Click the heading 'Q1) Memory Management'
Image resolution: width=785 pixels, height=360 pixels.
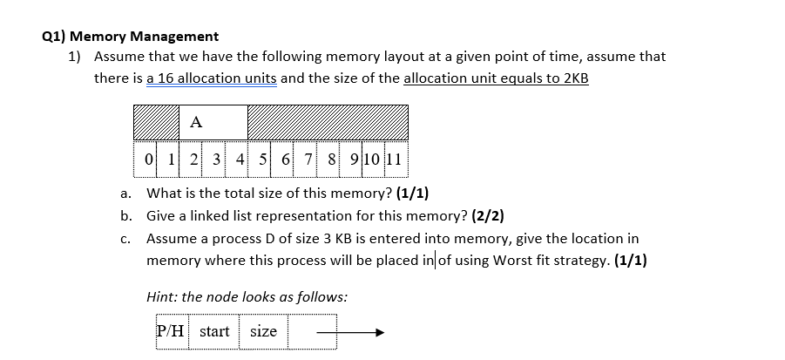(131, 37)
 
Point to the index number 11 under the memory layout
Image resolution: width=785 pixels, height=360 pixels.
(393, 160)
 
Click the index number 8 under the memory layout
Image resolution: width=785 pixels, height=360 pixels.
(332, 160)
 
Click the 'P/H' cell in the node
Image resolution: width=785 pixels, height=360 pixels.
(171, 331)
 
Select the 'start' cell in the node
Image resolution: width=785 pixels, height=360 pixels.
(214, 331)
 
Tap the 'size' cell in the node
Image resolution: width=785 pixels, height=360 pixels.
(263, 331)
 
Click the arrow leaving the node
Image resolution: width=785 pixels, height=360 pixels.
(349, 332)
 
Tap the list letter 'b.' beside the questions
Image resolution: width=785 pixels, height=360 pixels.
(127, 215)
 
